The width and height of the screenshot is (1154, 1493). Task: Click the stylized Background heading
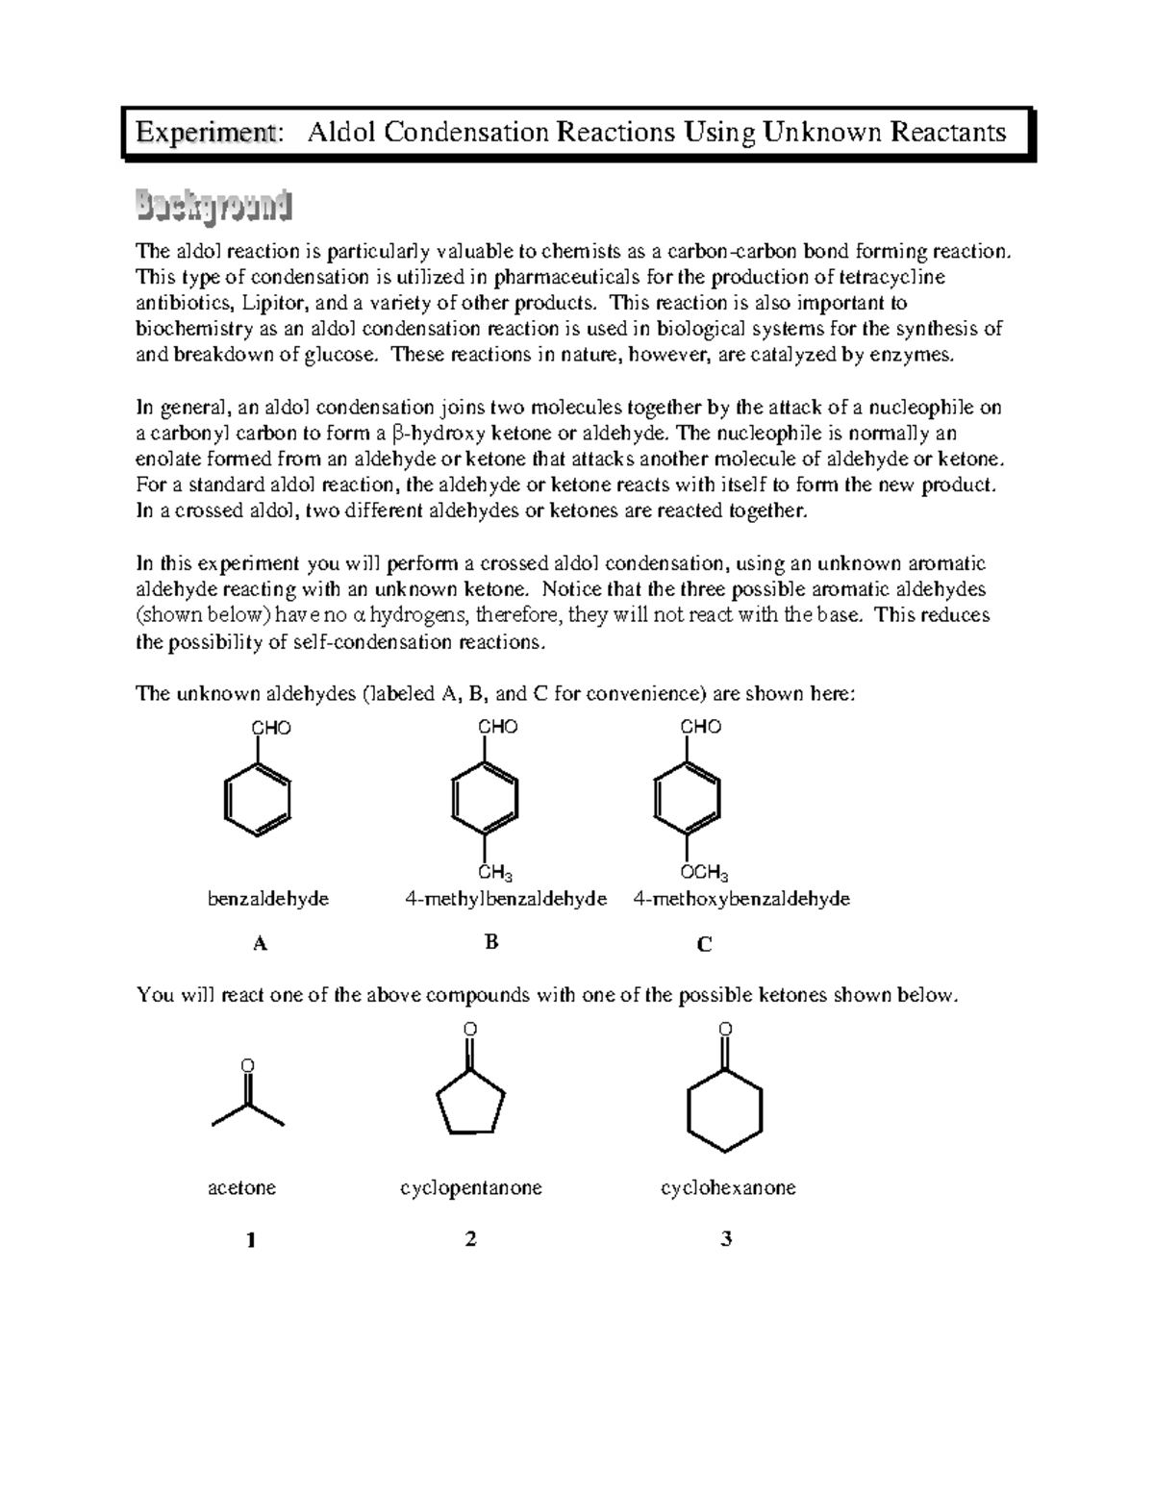pos(212,207)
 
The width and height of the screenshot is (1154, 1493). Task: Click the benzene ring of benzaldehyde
pos(258,798)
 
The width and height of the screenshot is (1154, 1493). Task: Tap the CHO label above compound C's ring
pos(700,727)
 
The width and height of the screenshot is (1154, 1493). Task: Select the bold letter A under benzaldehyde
pos(260,944)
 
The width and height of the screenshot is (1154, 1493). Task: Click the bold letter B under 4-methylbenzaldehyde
pos(491,942)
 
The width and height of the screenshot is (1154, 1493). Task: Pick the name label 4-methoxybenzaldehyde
pos(741,900)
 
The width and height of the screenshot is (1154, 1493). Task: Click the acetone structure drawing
pos(248,1101)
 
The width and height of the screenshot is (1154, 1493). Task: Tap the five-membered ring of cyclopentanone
pos(470,1103)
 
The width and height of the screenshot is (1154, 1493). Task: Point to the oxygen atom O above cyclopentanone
pos(470,1031)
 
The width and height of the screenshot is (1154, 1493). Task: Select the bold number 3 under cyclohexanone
pos(726,1239)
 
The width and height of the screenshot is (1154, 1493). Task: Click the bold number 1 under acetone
pos(251,1240)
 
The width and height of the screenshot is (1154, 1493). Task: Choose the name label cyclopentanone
pos(471,1188)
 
